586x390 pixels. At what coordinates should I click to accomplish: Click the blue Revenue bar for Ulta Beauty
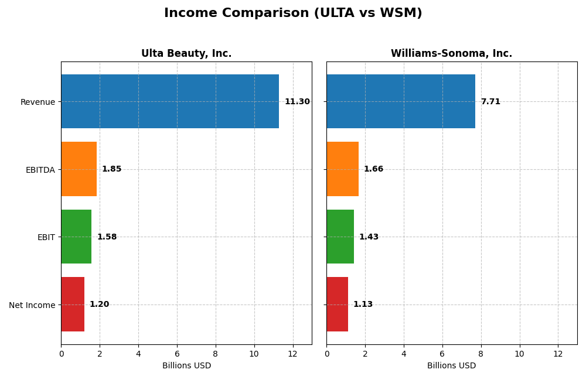coord(170,101)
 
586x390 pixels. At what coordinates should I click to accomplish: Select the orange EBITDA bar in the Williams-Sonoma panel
coord(342,169)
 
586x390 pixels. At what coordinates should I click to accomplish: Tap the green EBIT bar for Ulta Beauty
coord(76,237)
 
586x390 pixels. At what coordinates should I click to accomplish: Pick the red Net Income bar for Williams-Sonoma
coord(337,304)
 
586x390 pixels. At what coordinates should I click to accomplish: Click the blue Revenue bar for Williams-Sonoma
coord(400,101)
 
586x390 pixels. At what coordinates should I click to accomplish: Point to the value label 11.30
coord(297,102)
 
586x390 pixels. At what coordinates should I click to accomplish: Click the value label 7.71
coord(490,102)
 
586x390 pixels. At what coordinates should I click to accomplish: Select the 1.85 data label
coord(111,169)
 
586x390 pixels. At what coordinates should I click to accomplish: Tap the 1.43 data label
coord(369,237)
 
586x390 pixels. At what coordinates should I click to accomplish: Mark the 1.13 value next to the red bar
coord(363,305)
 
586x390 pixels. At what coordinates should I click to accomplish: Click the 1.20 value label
coord(99,305)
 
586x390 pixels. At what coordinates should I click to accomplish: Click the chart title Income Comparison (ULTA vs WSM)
coord(293,13)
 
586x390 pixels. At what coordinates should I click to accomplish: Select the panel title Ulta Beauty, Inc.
coord(186,54)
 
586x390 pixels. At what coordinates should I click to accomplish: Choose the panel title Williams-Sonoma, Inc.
coord(451,54)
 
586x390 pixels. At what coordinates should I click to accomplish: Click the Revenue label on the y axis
coord(38,102)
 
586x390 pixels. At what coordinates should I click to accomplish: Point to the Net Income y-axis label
coord(32,305)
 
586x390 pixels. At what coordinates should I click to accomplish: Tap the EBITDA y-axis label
coord(40,170)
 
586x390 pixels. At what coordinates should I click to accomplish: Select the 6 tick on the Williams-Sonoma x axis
coord(442,354)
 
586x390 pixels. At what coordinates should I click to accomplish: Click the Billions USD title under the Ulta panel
coord(186,366)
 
